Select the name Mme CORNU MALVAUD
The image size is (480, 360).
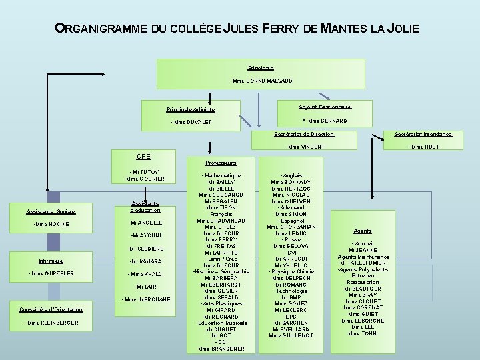coord(261,81)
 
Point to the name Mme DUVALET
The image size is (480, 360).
coord(191,122)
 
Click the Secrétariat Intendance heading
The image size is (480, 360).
coord(424,134)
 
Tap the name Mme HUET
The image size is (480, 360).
coord(424,147)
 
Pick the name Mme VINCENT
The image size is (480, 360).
coord(305,147)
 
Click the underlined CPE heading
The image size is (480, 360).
coord(143,157)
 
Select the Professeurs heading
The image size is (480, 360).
coord(221,162)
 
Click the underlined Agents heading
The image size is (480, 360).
coord(363,231)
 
